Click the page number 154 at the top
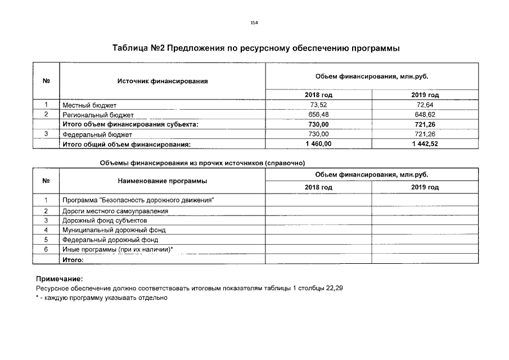coord(254,22)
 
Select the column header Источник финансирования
coord(163,81)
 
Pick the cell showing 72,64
coord(425,105)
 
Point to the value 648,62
coord(425,115)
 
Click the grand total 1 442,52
coord(425,145)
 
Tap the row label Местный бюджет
coord(90,105)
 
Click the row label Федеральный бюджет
coord(97,134)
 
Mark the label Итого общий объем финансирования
coord(127,145)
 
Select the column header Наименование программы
coord(163,181)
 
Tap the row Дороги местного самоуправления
coord(115,211)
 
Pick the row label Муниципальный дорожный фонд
coord(114,230)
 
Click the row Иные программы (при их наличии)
coord(118,249)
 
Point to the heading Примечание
coord(59,278)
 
